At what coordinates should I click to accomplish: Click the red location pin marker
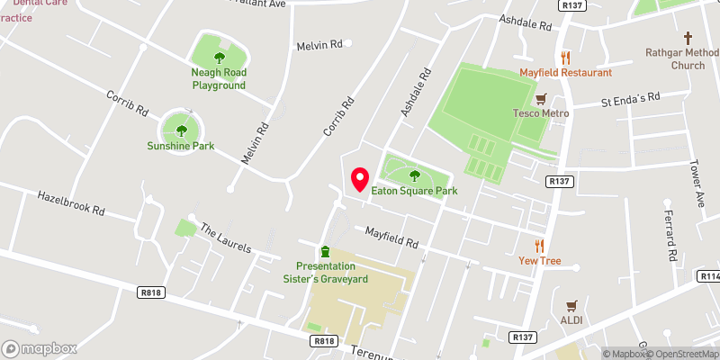pyautogui.click(x=360, y=179)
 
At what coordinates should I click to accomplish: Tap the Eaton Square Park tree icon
pyautogui.click(x=415, y=175)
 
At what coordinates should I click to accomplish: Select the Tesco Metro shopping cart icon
pyautogui.click(x=541, y=98)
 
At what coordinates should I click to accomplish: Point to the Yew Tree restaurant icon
pyautogui.click(x=540, y=246)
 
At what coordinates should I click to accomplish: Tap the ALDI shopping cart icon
pyautogui.click(x=571, y=306)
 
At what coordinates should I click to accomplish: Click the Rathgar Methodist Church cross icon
pyautogui.click(x=688, y=38)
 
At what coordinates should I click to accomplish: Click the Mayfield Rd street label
pyautogui.click(x=391, y=238)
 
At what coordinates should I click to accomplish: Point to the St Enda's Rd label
pyautogui.click(x=630, y=99)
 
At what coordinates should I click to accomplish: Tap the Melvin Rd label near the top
pyautogui.click(x=319, y=44)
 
